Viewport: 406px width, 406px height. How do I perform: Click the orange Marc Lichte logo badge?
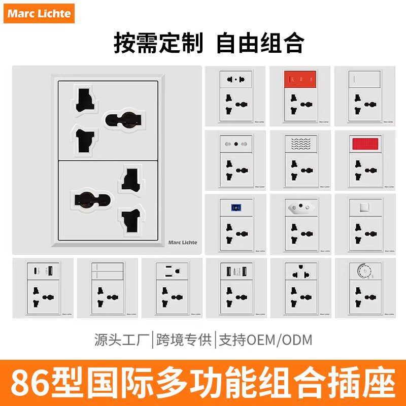[39, 13]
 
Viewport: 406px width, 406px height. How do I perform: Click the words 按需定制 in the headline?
[158, 43]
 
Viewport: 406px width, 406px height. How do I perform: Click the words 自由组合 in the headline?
[259, 43]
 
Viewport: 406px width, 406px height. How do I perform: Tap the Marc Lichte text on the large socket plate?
[183, 243]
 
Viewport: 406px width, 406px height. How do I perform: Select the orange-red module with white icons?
[299, 79]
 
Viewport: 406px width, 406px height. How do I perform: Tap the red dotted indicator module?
[365, 143]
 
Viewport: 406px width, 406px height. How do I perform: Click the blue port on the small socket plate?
[235, 207]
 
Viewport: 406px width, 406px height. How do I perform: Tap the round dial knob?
[361, 270]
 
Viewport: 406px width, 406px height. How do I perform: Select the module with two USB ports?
[235, 271]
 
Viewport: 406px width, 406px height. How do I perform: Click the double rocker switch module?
[108, 271]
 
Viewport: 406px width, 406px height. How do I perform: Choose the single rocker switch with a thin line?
[365, 79]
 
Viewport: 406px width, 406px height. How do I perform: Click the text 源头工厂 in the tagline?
[122, 340]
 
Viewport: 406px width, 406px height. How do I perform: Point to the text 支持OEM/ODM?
[265, 340]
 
